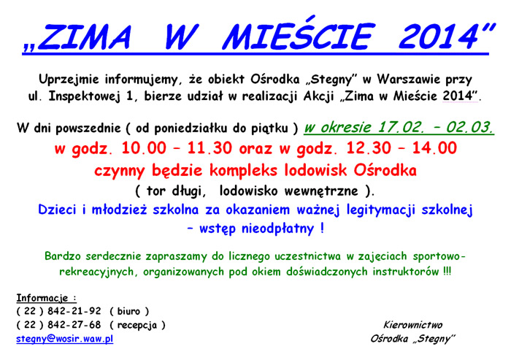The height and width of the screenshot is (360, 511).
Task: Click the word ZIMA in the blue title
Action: [85, 37]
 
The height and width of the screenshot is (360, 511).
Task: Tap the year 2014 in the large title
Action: [438, 37]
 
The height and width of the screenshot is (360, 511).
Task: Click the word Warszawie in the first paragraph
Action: [409, 80]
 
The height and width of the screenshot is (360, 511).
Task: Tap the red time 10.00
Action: [143, 148]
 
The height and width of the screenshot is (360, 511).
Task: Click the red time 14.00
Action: [434, 148]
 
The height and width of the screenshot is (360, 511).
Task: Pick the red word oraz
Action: [255, 149]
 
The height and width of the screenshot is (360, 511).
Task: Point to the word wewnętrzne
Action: [321, 191]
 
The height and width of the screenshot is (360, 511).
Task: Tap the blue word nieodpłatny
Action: [277, 229]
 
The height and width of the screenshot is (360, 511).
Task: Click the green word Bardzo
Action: [62, 256]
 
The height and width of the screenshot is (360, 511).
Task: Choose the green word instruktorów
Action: [405, 272]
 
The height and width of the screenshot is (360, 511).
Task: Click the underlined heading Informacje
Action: [42, 298]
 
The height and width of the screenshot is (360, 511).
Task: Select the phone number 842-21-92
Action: [74, 311]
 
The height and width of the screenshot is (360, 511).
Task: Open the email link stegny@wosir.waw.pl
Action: [64, 339]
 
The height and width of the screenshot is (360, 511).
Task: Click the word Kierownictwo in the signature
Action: [412, 325]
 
